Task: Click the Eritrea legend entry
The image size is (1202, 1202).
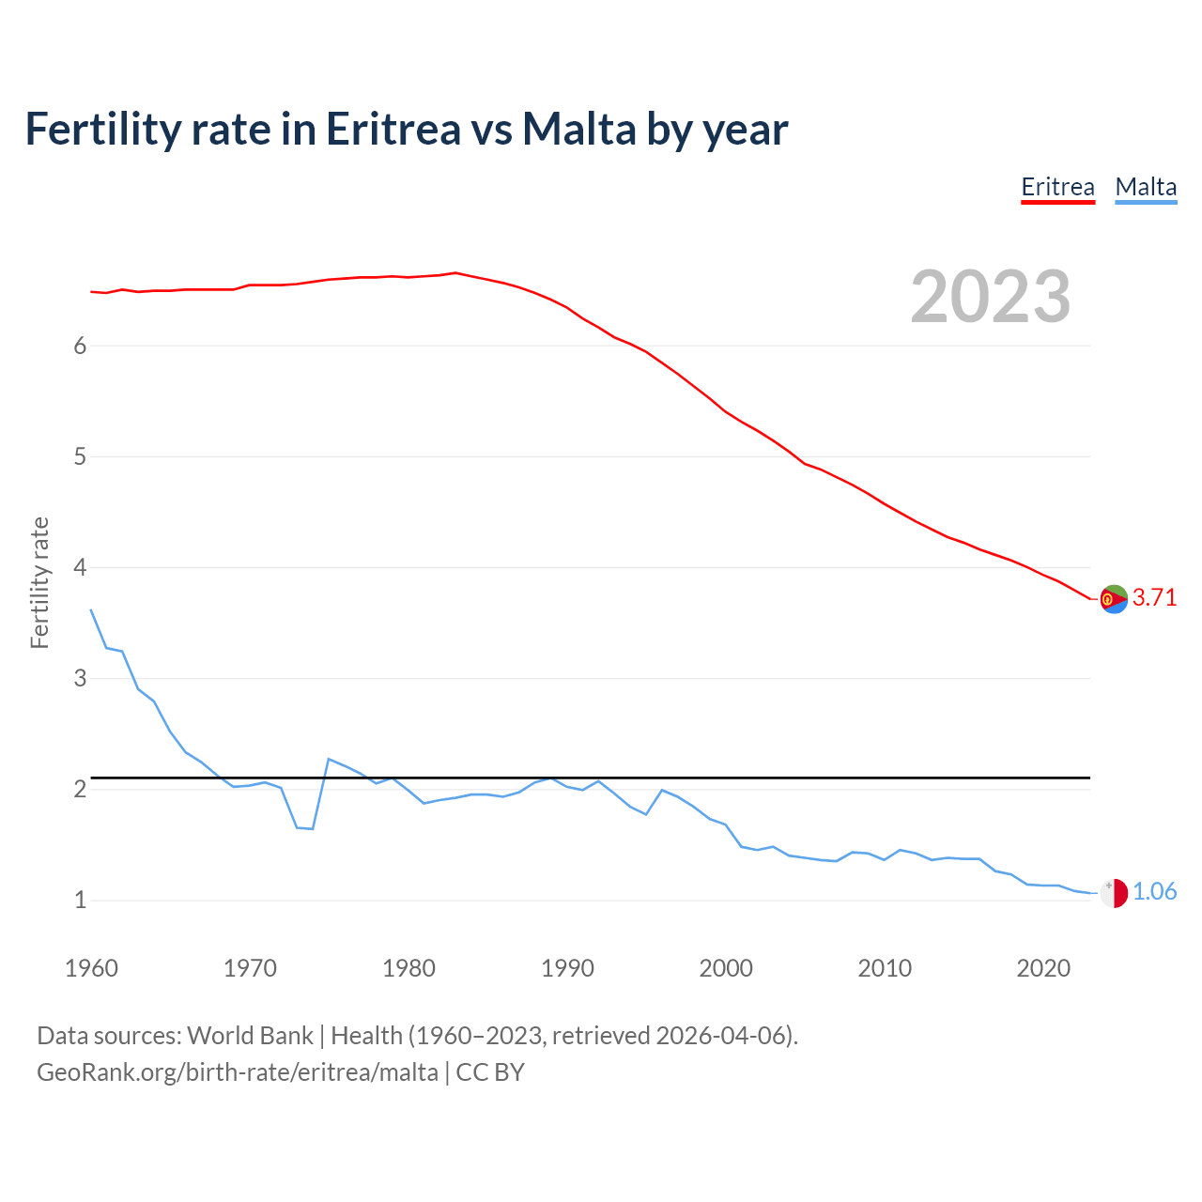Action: pyautogui.click(x=1057, y=187)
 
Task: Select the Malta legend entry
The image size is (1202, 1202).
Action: pyautogui.click(x=1146, y=187)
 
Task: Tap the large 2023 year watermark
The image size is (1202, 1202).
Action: pyautogui.click(x=991, y=297)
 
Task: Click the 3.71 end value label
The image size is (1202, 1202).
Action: pyautogui.click(x=1154, y=597)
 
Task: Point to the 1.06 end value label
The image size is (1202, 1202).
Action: pyautogui.click(x=1154, y=891)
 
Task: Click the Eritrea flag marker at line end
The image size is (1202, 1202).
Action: pyautogui.click(x=1114, y=598)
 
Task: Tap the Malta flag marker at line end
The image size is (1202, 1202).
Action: pyautogui.click(x=1114, y=892)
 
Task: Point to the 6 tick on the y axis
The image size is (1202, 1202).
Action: pyautogui.click(x=80, y=346)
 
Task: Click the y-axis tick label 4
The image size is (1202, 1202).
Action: pyautogui.click(x=80, y=567)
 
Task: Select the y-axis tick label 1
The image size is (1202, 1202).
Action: pyautogui.click(x=80, y=900)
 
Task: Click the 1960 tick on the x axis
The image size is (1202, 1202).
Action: pyautogui.click(x=91, y=968)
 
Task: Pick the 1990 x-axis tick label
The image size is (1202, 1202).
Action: pyautogui.click(x=567, y=968)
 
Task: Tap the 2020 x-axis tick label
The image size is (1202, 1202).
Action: pyautogui.click(x=1043, y=968)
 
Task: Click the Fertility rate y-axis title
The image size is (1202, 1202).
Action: pyautogui.click(x=39, y=582)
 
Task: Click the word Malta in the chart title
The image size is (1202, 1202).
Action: pyautogui.click(x=578, y=129)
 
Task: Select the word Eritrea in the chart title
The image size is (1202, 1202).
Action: pyautogui.click(x=393, y=129)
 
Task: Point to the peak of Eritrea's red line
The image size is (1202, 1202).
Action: pyautogui.click(x=455, y=273)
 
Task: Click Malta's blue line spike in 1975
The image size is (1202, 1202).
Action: pyautogui.click(x=329, y=759)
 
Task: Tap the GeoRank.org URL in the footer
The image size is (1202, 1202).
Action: pyautogui.click(x=237, y=1071)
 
